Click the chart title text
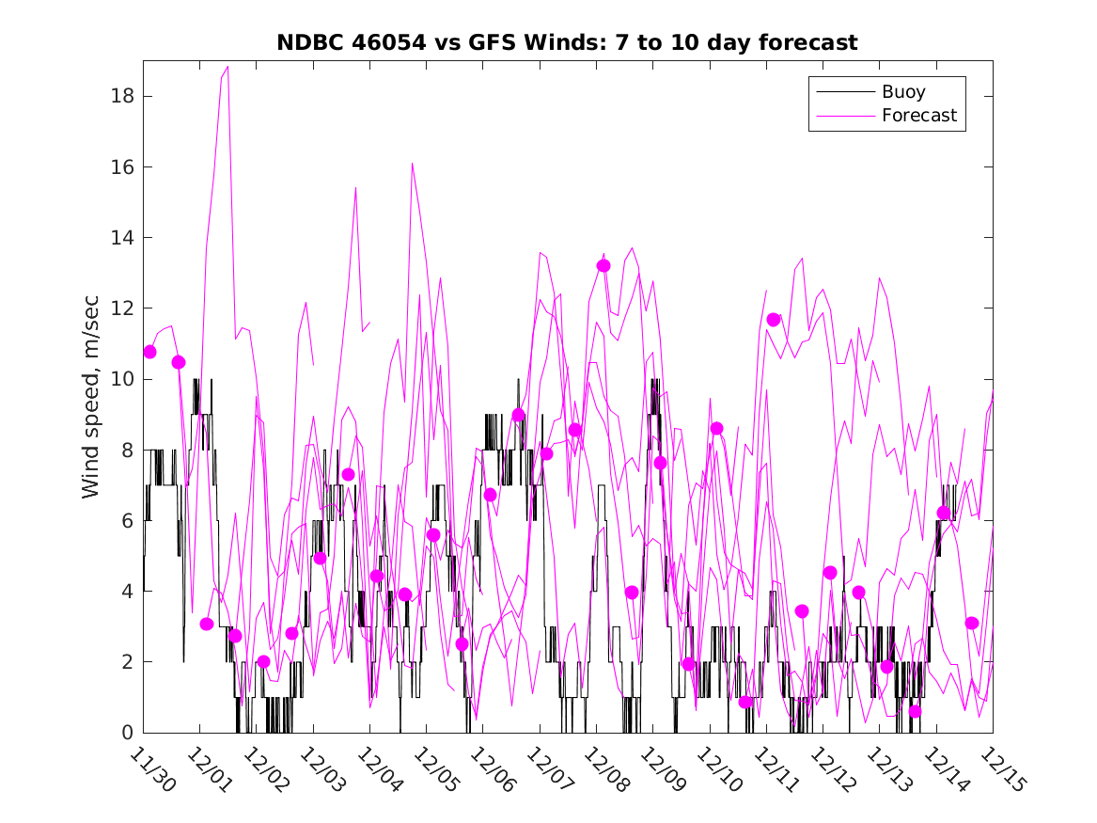(567, 43)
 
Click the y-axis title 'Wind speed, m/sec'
(90, 395)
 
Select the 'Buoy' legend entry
(903, 92)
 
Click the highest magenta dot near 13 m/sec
(603, 266)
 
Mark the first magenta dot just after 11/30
(149, 352)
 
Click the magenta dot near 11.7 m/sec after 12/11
(774, 320)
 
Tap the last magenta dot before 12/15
(972, 624)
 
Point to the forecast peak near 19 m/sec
(227, 67)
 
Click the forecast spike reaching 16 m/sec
(413, 165)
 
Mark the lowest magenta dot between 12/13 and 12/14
(916, 711)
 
